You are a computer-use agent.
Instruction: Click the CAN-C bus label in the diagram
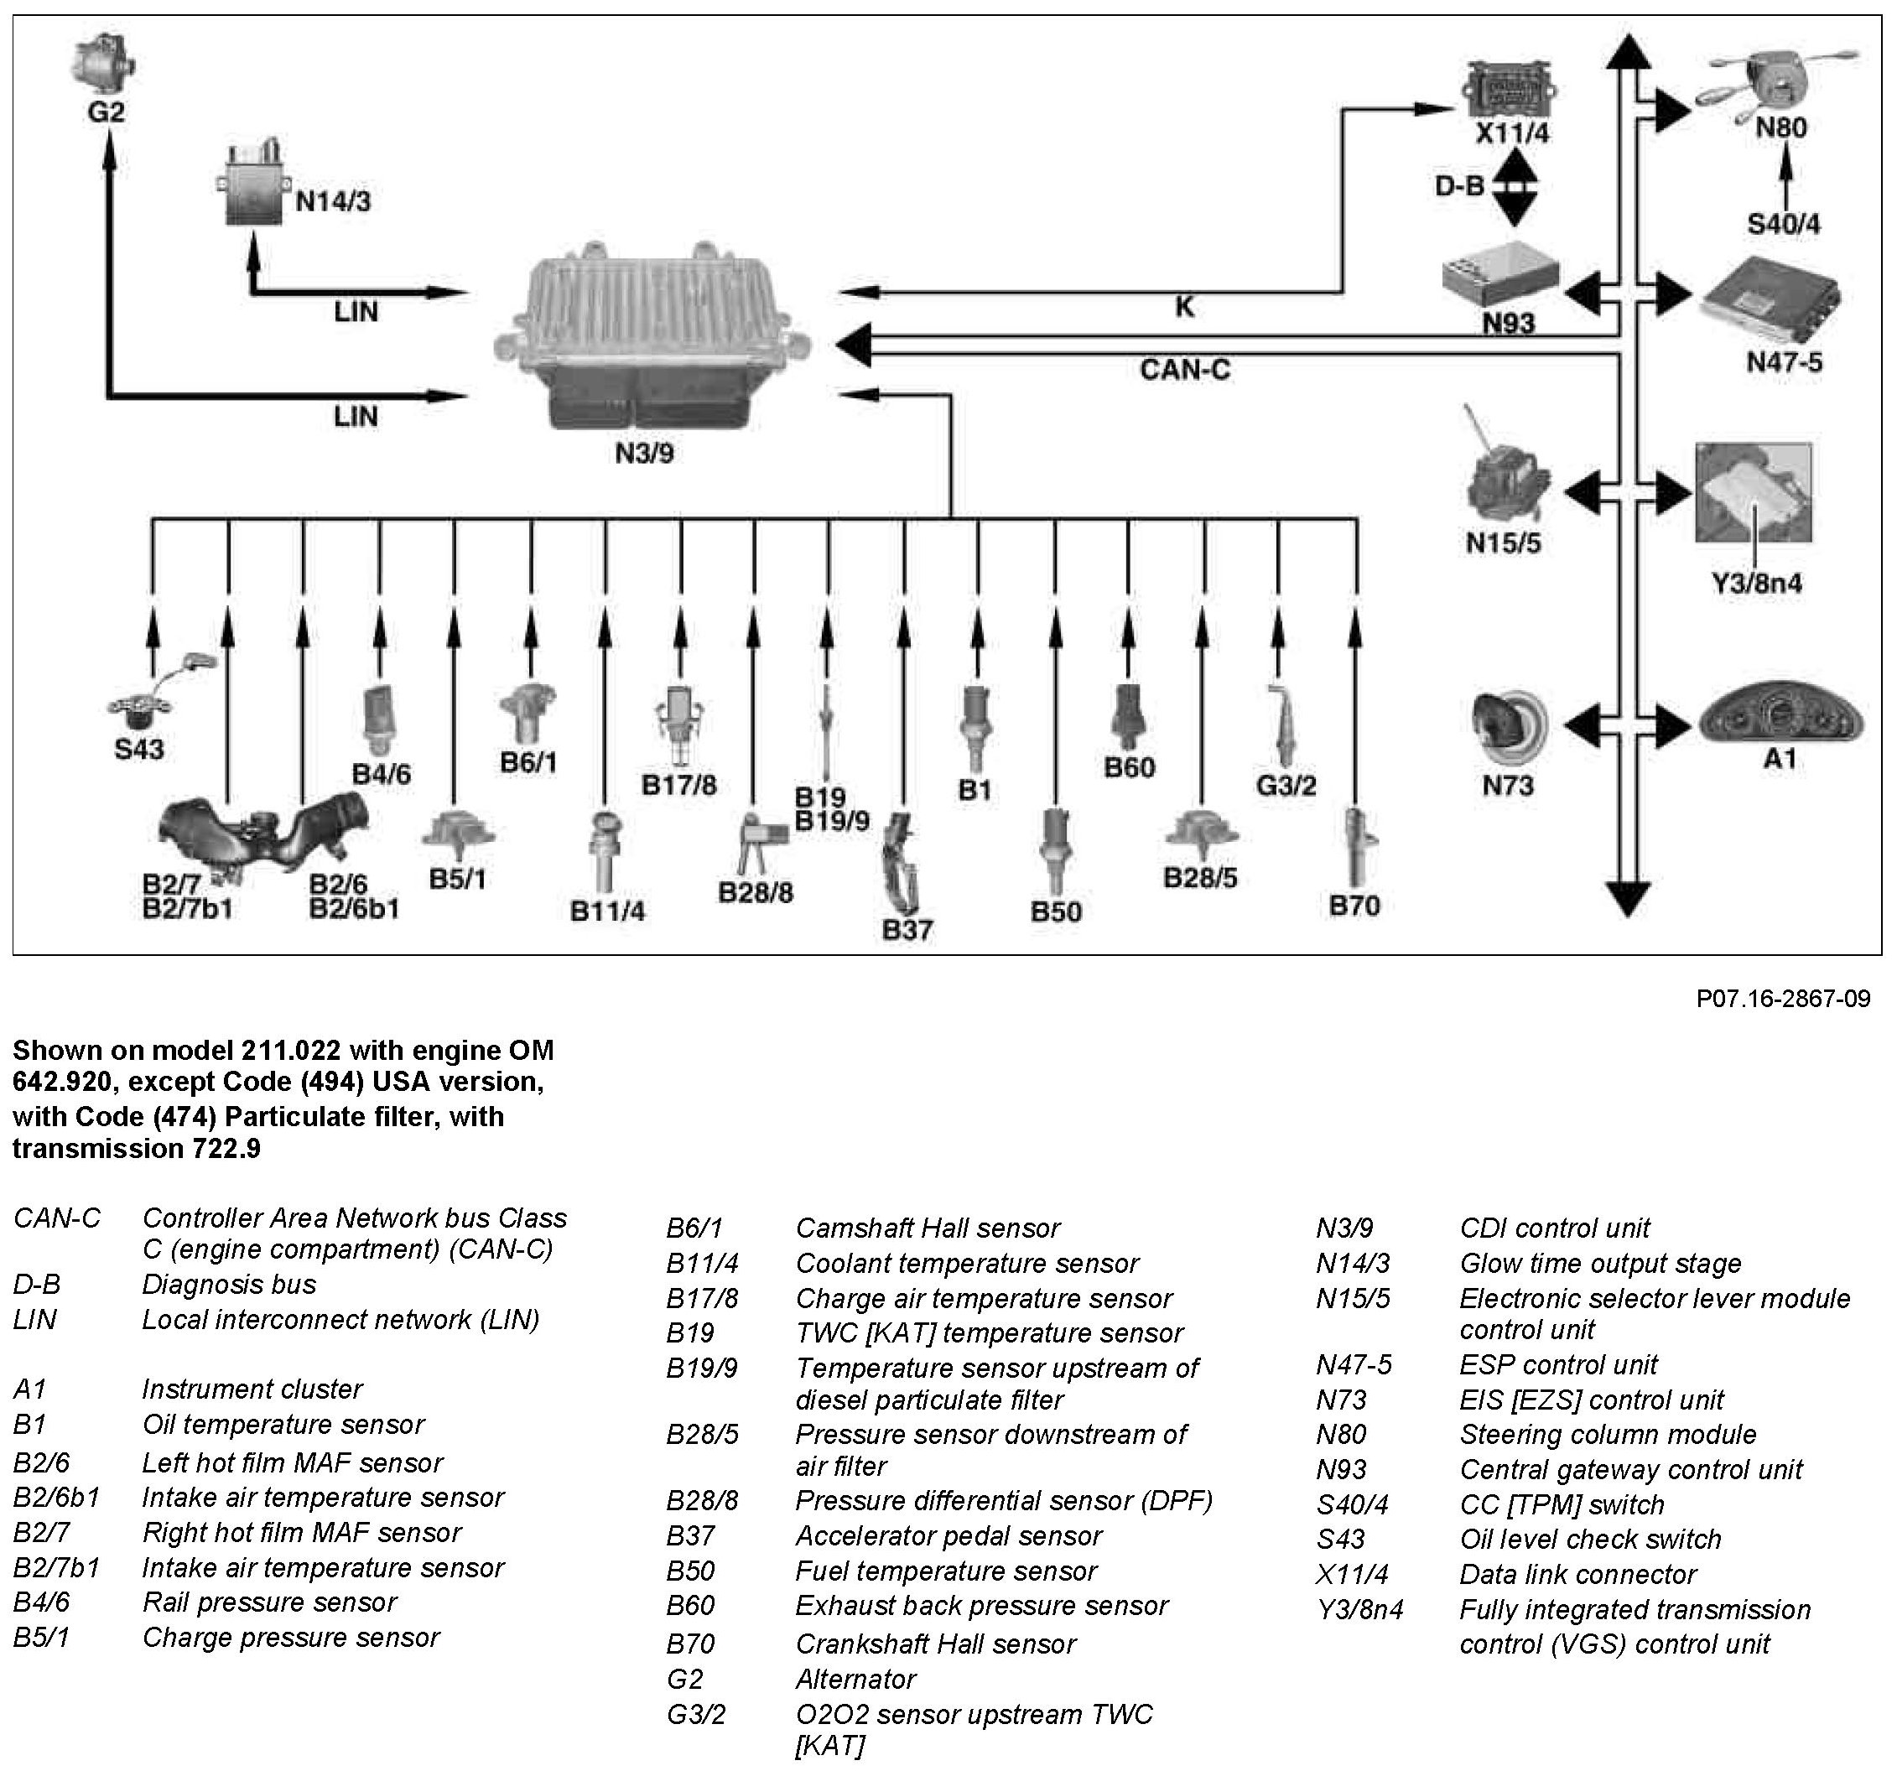pyautogui.click(x=1184, y=369)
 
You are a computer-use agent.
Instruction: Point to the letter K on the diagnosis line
pyautogui.click(x=1183, y=306)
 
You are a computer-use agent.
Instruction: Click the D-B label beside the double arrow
pyautogui.click(x=1459, y=186)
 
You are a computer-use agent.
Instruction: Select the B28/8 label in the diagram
pyautogui.click(x=755, y=893)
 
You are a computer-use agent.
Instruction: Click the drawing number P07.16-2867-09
pyautogui.click(x=1782, y=999)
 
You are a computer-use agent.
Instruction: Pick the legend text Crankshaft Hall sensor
pyautogui.click(x=935, y=1644)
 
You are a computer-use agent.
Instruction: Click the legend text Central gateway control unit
pyautogui.click(x=1629, y=1468)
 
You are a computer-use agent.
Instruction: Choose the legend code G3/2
pyautogui.click(x=695, y=1714)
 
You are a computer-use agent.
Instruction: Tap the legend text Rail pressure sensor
pyautogui.click(x=269, y=1602)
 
